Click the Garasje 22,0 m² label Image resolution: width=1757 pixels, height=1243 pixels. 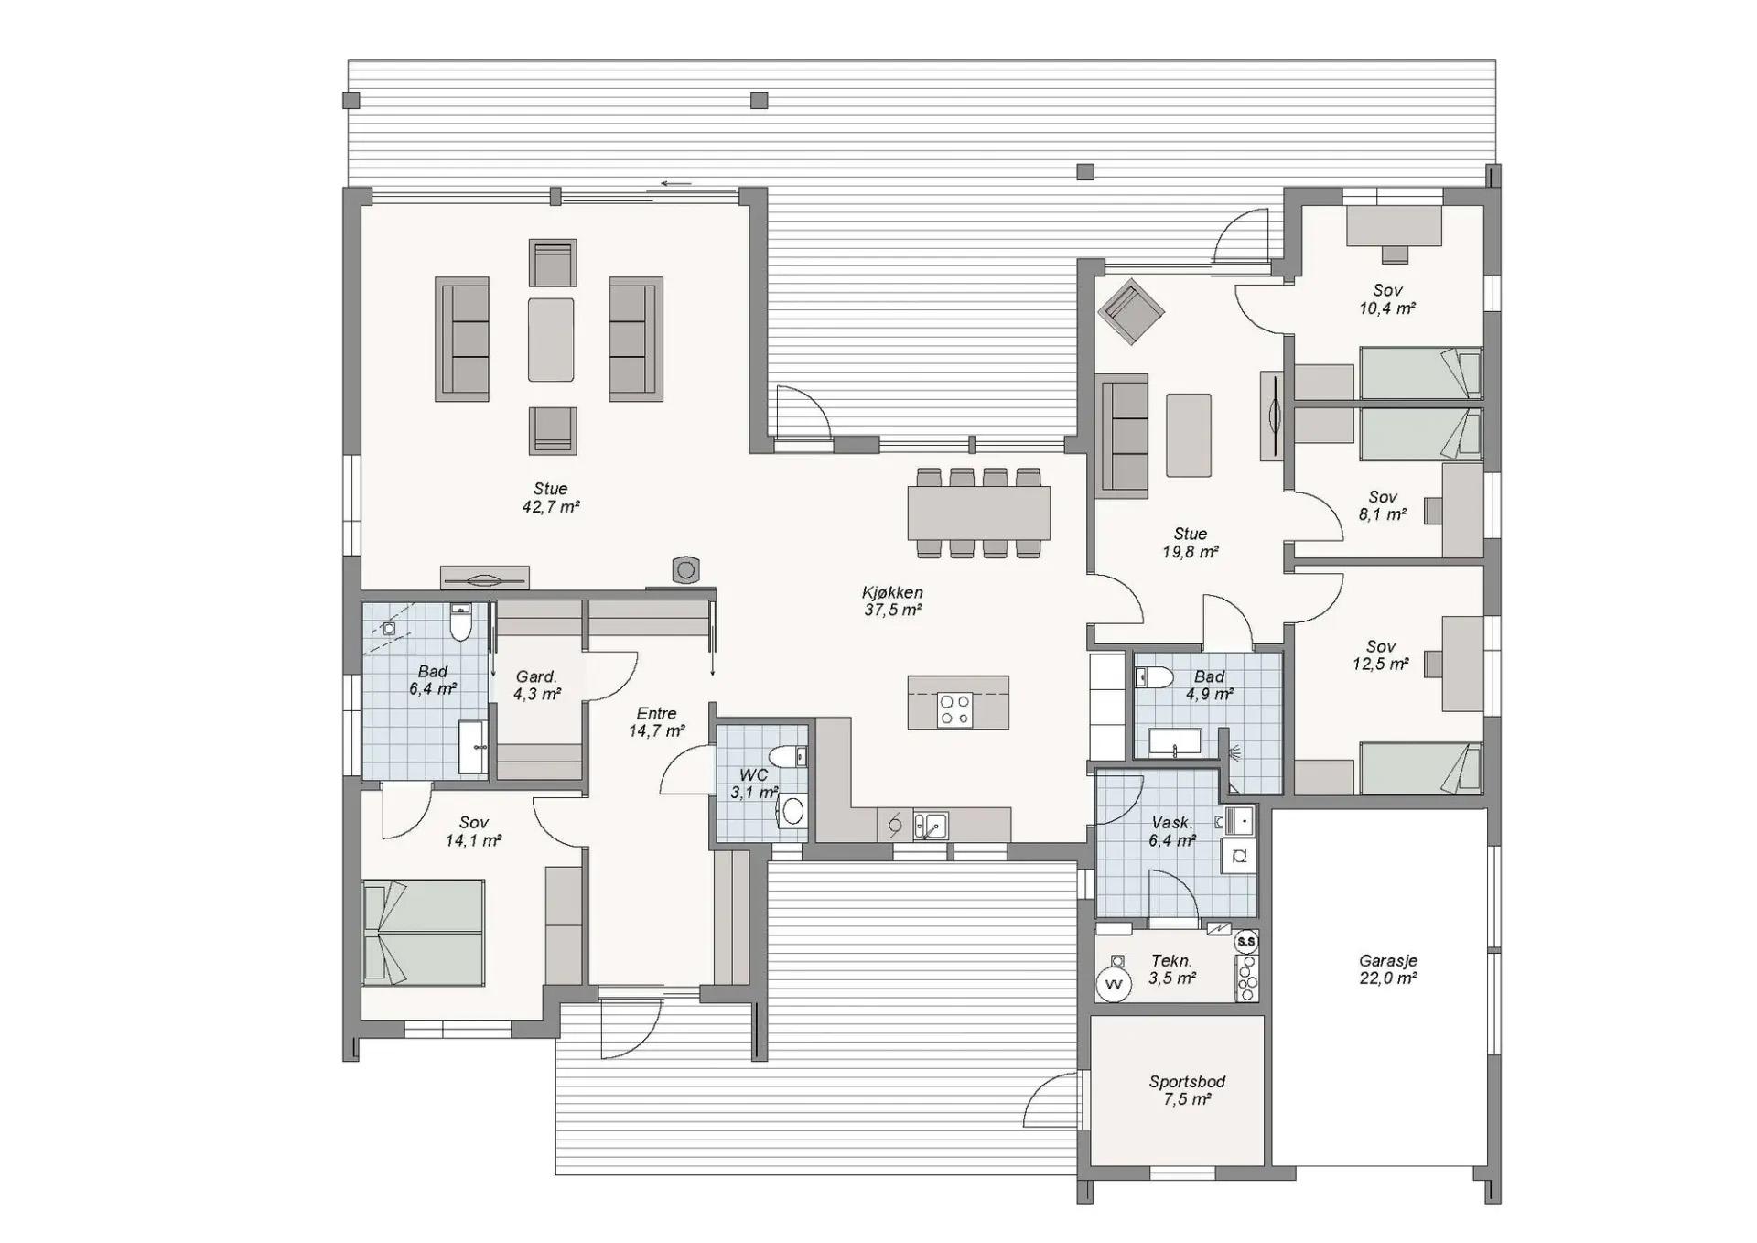pos(1388,969)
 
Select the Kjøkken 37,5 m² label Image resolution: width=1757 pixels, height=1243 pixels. pos(892,601)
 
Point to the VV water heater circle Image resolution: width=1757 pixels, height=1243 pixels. pos(1114,985)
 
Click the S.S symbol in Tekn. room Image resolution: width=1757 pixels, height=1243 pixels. pos(1245,941)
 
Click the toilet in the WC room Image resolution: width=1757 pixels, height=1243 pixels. pos(785,758)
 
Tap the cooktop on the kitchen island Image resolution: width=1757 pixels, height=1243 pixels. pos(955,709)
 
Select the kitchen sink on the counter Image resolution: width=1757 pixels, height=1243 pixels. pos(931,825)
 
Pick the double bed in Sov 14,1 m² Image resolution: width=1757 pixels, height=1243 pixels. pos(424,933)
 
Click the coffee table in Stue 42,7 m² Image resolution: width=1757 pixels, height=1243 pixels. pos(551,339)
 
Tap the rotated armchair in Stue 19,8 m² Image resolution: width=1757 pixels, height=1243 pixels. pos(1131,311)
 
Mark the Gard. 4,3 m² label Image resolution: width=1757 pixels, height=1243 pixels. pos(536,685)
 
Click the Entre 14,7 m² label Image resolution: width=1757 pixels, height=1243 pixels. pos(656,722)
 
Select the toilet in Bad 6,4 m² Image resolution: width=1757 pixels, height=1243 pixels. pos(460,621)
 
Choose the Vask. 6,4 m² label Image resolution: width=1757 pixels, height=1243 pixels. pos(1172,831)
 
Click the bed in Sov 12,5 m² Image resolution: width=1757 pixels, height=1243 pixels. pos(1420,768)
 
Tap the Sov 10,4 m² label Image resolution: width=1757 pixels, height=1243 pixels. pos(1387,299)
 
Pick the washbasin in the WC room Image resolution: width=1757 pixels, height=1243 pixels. pos(792,810)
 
